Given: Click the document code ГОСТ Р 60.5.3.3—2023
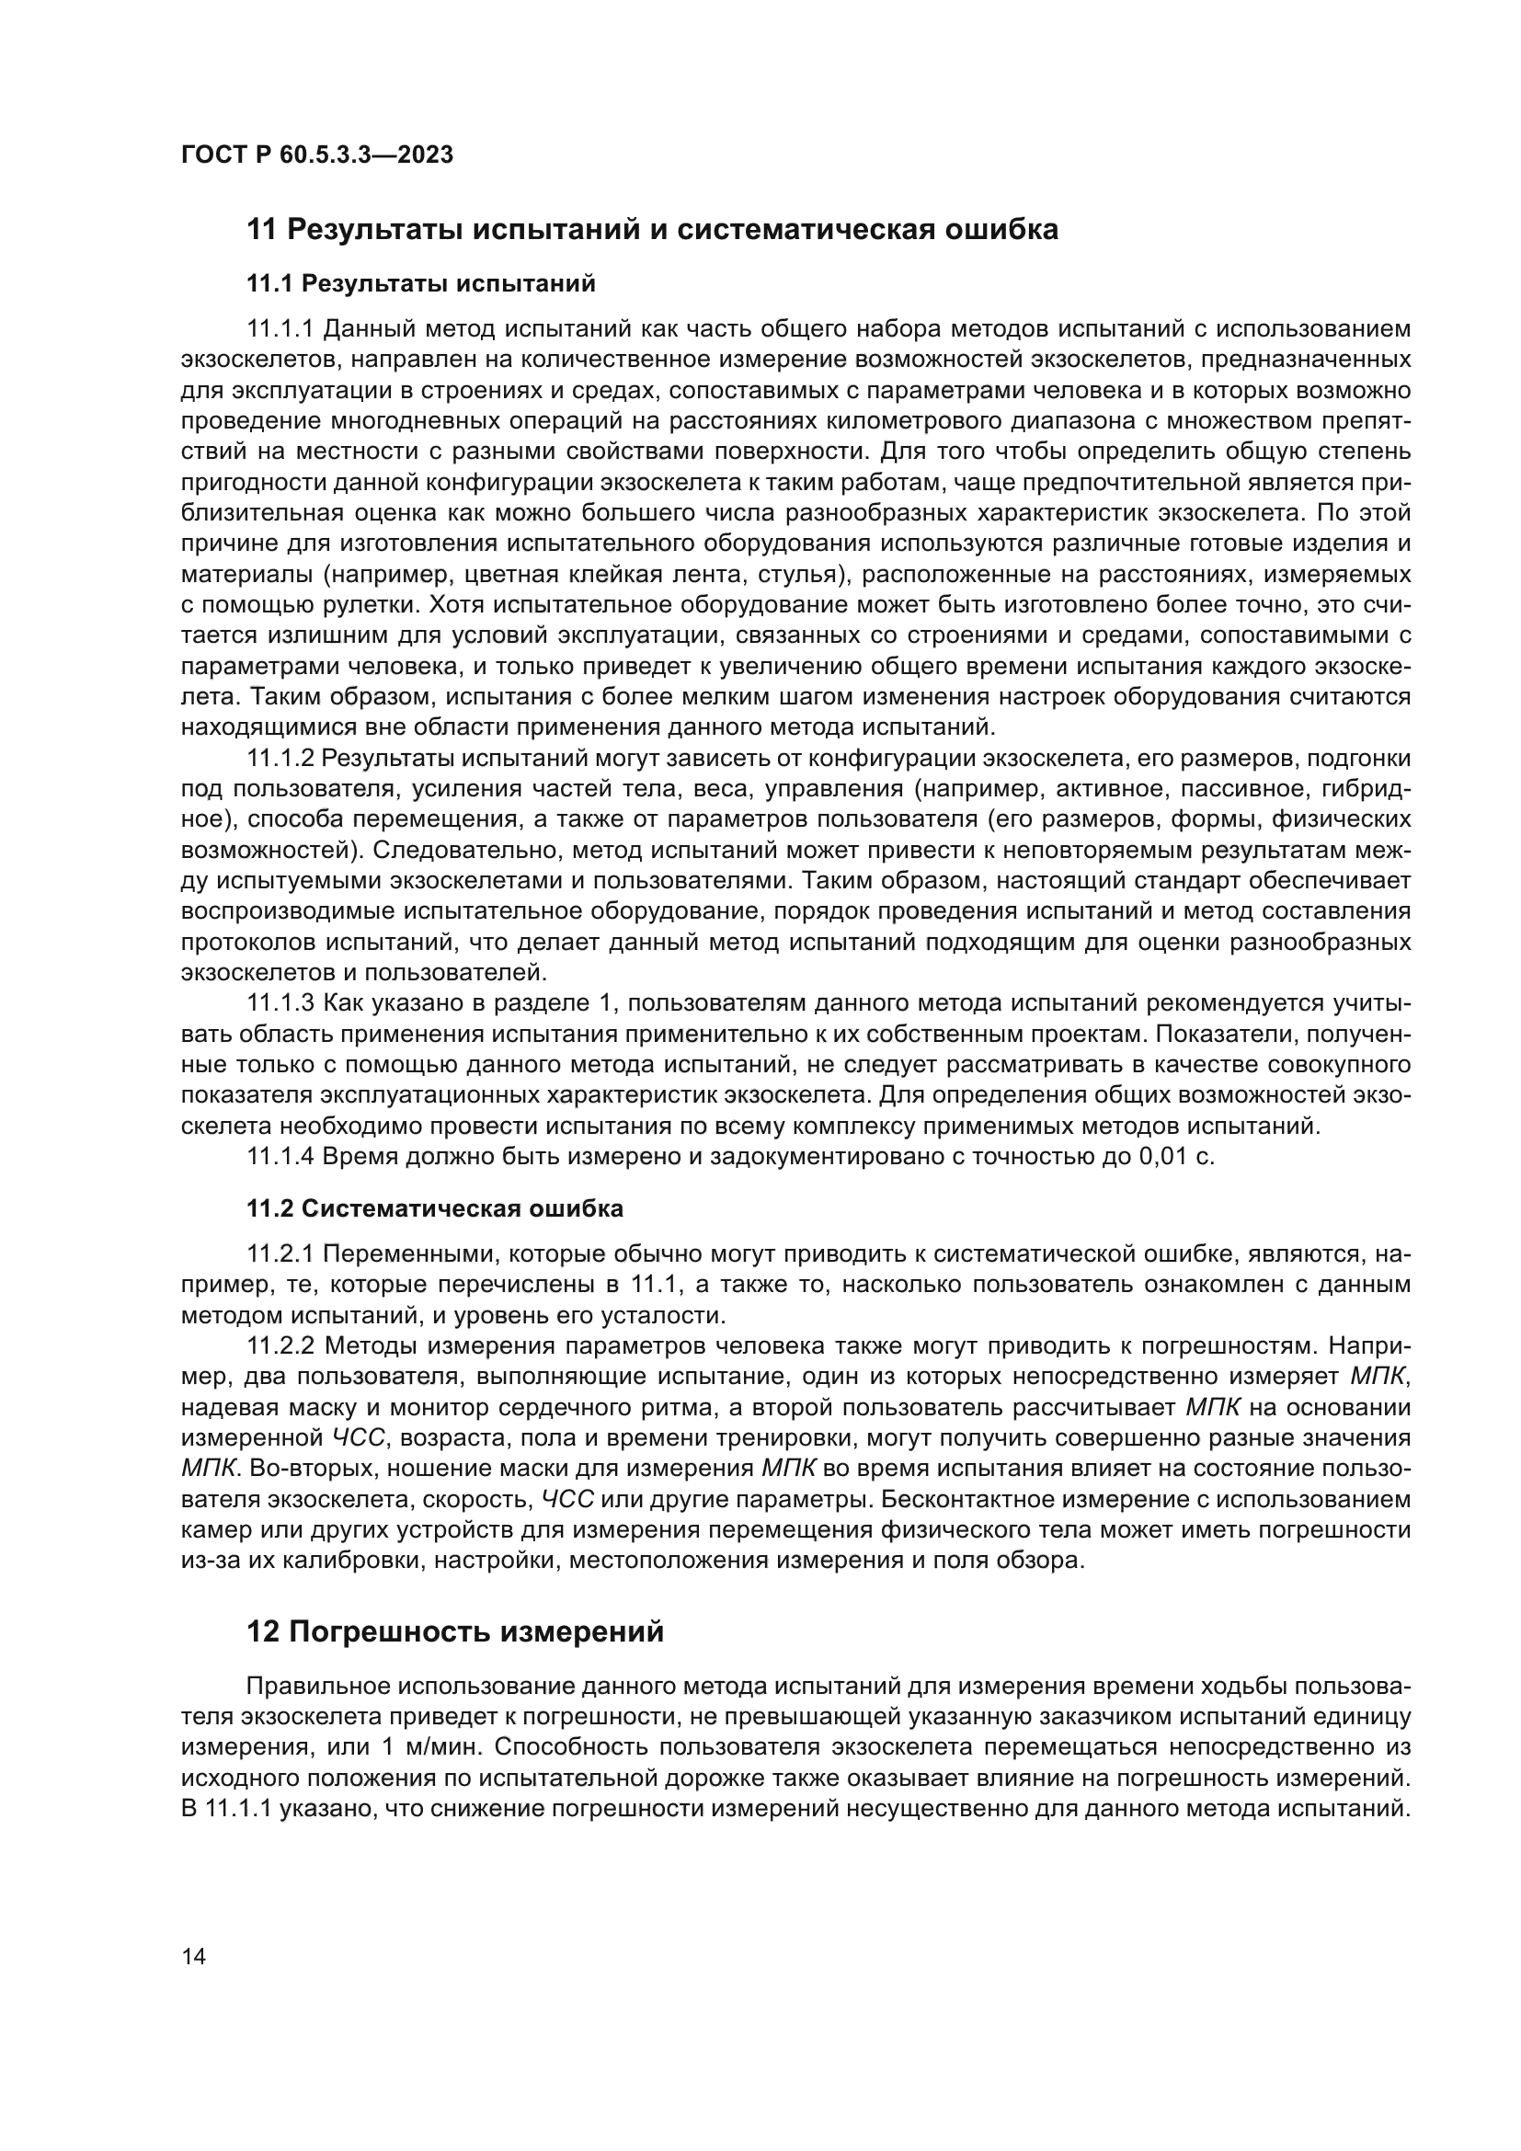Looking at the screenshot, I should click(x=316, y=154).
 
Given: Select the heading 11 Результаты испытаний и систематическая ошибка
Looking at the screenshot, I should click(x=652, y=229).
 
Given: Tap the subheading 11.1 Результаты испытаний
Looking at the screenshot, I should click(x=420, y=283).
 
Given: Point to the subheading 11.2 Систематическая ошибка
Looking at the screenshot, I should click(x=435, y=1208).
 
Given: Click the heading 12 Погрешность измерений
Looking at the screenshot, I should click(x=455, y=1631).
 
